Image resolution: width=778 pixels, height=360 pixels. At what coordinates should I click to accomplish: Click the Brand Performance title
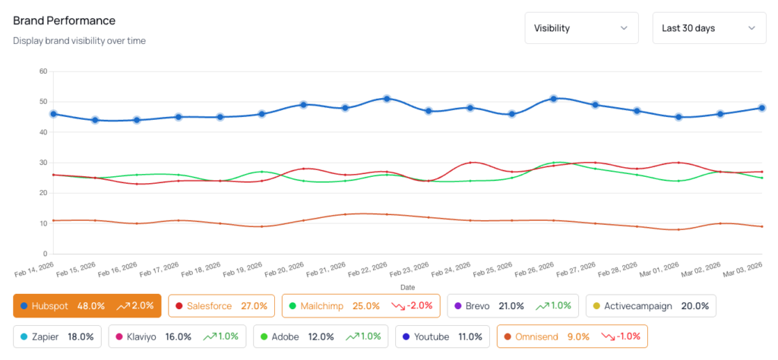(x=65, y=21)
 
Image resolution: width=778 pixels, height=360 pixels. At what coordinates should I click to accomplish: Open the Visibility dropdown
(x=581, y=28)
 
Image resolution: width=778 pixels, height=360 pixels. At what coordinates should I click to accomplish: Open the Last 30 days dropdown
(x=709, y=28)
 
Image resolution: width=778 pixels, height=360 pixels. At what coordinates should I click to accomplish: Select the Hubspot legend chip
(x=87, y=306)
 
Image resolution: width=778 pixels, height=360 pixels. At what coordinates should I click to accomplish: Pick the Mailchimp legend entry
(x=360, y=306)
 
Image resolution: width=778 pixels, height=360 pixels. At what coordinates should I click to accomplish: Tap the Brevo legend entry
(x=513, y=306)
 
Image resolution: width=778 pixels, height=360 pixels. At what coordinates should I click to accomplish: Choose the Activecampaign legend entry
(x=650, y=306)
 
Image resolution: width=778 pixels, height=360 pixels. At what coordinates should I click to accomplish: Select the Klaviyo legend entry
(x=176, y=336)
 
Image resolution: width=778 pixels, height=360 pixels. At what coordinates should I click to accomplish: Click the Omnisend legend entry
(x=571, y=336)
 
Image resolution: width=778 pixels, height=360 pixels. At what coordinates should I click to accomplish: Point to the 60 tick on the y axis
(x=43, y=71)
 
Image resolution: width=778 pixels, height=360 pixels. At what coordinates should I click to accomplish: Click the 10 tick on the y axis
(x=43, y=223)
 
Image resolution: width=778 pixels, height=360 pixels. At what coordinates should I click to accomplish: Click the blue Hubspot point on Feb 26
(x=554, y=99)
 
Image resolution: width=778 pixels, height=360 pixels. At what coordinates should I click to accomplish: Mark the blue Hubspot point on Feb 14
(x=53, y=114)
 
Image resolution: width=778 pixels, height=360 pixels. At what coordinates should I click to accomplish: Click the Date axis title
(x=407, y=288)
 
